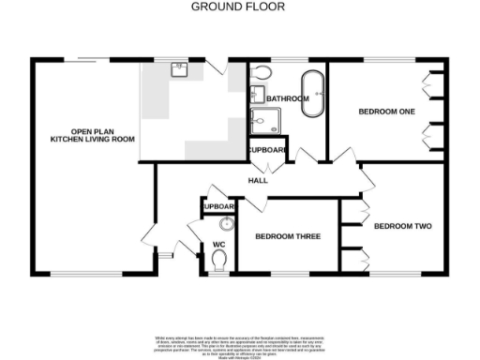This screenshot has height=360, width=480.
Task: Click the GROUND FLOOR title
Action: pos(238,7)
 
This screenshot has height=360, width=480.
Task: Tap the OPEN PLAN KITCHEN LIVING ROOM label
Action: pos(92,135)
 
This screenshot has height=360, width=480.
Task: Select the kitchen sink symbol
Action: pos(178,68)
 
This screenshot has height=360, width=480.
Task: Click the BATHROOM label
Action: pos(287,98)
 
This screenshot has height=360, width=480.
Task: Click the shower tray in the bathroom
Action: pos(260,120)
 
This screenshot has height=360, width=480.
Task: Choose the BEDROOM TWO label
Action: pos(402,226)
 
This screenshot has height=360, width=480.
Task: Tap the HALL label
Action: pos(259,180)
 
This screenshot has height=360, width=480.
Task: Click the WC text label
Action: pos(219,245)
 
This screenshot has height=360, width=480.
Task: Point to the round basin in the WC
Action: pos(225,224)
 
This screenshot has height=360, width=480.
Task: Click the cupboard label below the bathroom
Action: pos(265,150)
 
